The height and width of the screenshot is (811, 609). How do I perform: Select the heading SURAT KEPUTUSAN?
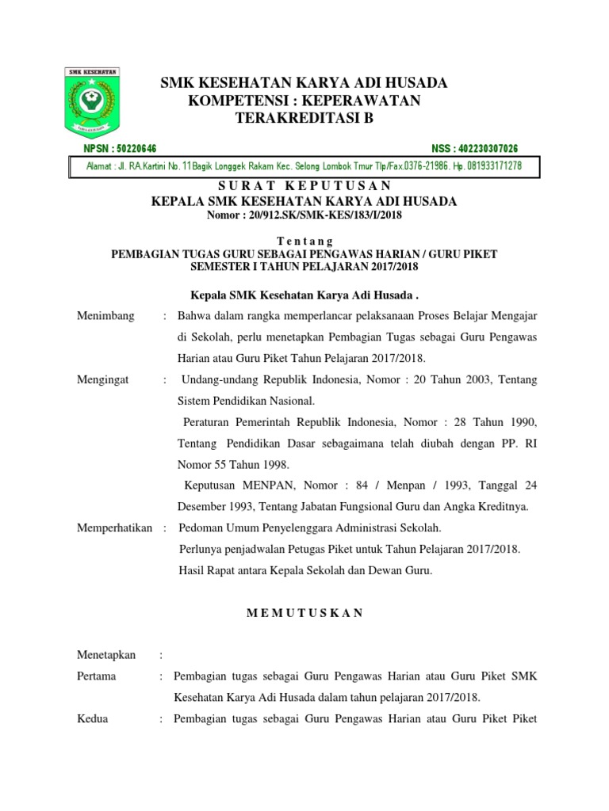point(304,186)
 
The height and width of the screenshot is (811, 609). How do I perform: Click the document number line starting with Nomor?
point(304,215)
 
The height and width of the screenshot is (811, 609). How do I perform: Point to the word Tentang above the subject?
point(304,241)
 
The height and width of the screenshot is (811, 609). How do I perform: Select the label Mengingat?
point(103,380)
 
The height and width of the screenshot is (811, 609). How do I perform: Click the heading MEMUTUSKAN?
point(304,612)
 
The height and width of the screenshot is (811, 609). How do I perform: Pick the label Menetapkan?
point(106,655)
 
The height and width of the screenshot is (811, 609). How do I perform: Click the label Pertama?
point(96,676)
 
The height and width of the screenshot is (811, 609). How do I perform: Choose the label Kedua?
point(92,719)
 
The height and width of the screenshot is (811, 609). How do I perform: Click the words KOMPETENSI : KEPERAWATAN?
point(304,101)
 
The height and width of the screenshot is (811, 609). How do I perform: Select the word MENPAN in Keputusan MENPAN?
point(259,485)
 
